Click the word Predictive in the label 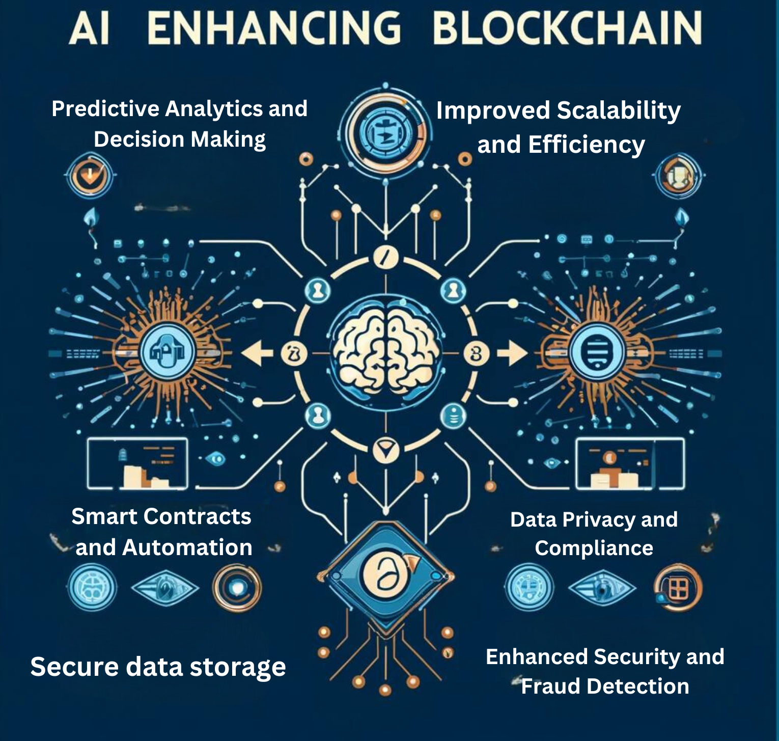pos(105,109)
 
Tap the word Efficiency pos(587,145)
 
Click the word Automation pos(187,548)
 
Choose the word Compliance pos(594,548)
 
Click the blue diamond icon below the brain pos(385,577)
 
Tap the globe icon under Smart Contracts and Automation pos(92,589)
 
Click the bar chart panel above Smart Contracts pos(137,463)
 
